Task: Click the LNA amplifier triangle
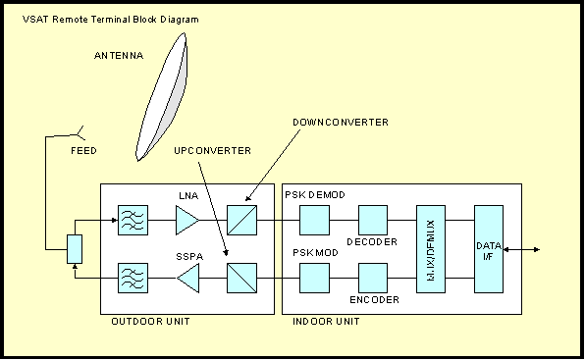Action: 186,220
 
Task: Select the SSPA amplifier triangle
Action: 188,278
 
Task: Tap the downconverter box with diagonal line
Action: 241,220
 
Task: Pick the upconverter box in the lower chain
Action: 241,278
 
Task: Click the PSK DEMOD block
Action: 314,220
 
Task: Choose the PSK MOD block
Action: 314,278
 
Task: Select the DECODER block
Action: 373,220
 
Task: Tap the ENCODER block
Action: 373,278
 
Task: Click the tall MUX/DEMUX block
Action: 431,249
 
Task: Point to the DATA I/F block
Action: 489,249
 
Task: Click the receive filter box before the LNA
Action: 133,220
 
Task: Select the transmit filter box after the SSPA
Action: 133,278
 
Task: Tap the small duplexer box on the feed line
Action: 75,249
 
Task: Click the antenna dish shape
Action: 163,98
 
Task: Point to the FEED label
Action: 83,150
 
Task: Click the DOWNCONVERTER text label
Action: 341,123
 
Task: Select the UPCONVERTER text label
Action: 212,150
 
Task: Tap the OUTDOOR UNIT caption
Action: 150,321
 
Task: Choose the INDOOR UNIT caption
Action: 326,321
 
